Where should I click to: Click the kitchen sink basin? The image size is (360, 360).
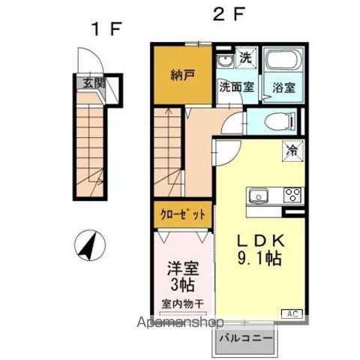(258, 197)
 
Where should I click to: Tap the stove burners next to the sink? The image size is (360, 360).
(291, 196)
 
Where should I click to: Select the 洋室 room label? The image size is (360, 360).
(181, 268)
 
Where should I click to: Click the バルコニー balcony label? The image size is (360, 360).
(244, 337)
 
